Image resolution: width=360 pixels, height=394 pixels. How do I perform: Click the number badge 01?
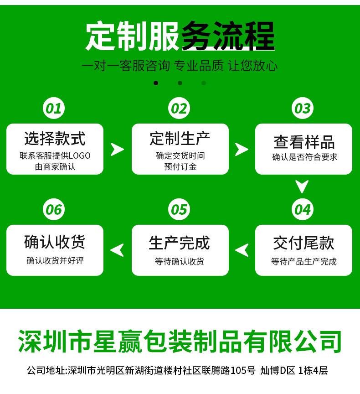54,109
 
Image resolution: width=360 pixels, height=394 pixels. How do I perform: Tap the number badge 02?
179,109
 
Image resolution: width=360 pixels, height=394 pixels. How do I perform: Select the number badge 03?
303,109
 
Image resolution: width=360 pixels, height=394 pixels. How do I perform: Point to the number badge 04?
303,210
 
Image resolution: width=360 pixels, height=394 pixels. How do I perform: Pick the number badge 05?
179,210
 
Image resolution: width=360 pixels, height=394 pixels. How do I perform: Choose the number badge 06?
54,210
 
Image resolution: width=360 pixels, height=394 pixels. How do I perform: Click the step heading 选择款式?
55,139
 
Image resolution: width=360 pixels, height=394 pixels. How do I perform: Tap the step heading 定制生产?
180,139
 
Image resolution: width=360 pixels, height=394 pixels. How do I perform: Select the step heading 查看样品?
304,142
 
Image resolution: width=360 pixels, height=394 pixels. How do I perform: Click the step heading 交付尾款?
304,243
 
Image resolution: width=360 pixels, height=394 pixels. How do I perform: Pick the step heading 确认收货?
55,242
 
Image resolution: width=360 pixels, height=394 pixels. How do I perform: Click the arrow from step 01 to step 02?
117,149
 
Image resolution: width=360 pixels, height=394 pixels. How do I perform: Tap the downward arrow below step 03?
302,187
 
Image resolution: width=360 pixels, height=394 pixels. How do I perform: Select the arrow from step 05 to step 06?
117,250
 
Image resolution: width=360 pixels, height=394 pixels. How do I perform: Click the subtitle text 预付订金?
180,166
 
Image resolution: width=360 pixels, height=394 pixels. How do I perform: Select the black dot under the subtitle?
156,83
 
